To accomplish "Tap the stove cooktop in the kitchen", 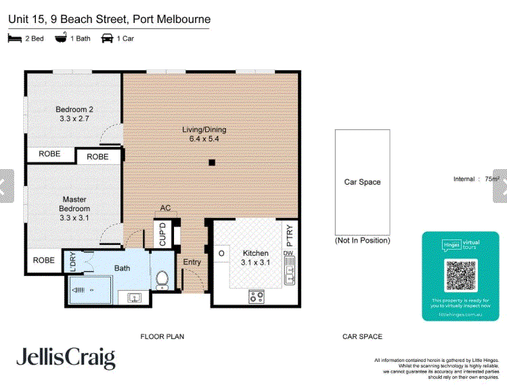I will click(x=257, y=296).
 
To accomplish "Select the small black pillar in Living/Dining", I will click(x=212, y=162).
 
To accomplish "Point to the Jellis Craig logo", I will click(x=66, y=359).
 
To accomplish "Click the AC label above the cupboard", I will click(x=165, y=208).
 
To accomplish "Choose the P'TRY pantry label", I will click(x=289, y=234).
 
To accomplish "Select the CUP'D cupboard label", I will click(x=162, y=234).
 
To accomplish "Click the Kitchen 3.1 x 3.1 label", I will click(x=256, y=258).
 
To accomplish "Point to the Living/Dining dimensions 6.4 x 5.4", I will click(x=204, y=139).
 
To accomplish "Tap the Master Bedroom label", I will click(x=74, y=204).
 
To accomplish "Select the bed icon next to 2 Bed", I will click(x=14, y=39).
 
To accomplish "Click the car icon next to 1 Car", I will click(x=107, y=39).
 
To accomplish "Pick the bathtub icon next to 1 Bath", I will click(x=61, y=39).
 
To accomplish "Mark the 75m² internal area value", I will click(x=492, y=179).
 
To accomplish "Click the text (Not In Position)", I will click(x=362, y=240).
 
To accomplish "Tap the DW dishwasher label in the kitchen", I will click(x=289, y=254).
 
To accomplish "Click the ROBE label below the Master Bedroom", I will click(x=45, y=260).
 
